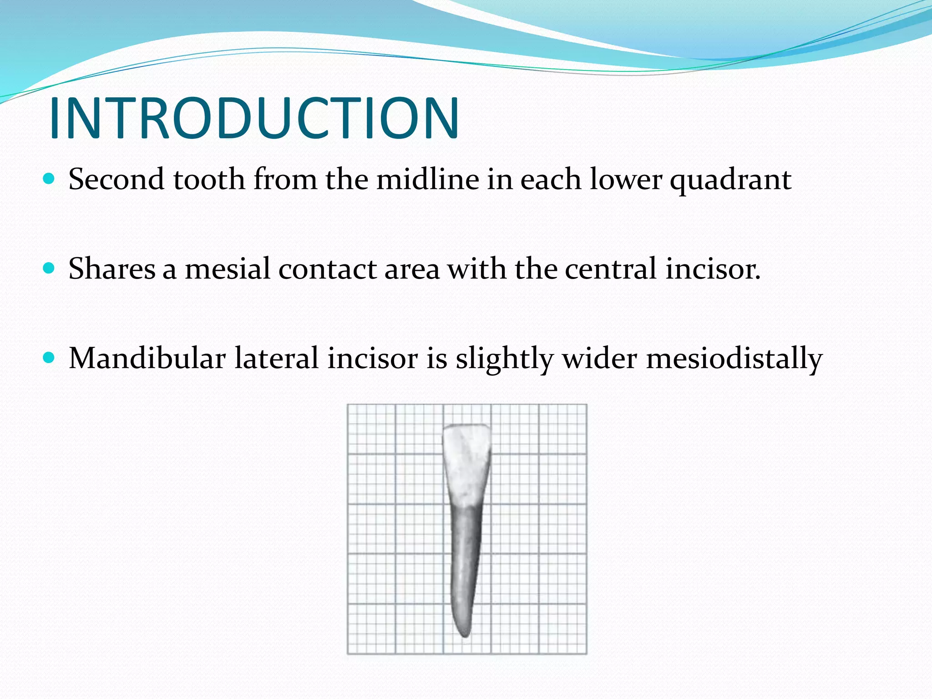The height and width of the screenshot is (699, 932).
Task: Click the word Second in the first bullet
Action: [x=116, y=179]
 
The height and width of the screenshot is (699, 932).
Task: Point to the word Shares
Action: [x=112, y=268]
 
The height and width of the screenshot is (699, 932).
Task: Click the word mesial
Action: [x=228, y=268]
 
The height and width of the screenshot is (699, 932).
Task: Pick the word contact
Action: [x=327, y=268]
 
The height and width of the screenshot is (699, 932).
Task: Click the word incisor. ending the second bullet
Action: [x=713, y=268]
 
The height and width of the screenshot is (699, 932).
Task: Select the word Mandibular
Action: [x=147, y=358]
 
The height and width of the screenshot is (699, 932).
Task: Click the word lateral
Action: [x=276, y=358]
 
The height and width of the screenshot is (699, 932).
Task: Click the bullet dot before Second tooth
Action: [x=49, y=178]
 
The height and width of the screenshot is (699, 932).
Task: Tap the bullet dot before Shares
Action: [x=49, y=268]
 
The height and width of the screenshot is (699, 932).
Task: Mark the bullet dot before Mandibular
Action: [x=49, y=357]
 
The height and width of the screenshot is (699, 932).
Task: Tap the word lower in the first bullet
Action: [x=626, y=179]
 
